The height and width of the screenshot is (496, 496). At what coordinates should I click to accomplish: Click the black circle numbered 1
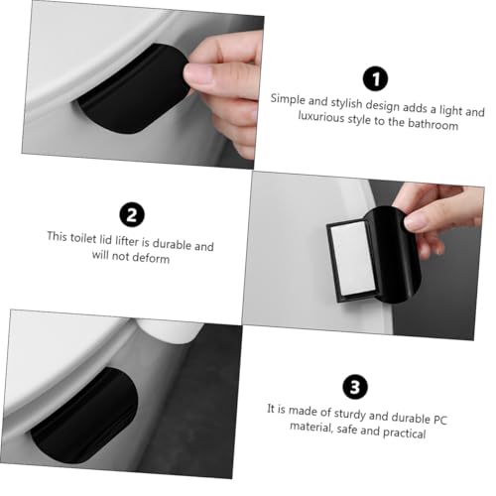pos(376,78)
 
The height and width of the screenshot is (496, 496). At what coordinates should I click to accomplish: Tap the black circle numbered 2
pos(132,215)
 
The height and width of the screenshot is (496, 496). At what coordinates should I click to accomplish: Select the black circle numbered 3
pos(355,387)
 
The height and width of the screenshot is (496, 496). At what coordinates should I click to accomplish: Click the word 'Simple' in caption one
pos(288,99)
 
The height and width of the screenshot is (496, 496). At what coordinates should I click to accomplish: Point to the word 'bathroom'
pos(433,124)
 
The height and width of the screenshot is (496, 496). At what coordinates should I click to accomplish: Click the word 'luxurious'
pos(320,117)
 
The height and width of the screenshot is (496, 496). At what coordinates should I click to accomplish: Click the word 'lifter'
pos(126,241)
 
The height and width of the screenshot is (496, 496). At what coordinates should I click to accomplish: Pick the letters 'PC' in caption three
pos(440,420)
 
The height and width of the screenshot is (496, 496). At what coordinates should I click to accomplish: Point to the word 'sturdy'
pos(350,414)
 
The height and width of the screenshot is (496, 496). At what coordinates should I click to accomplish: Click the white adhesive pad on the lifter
pos(353,258)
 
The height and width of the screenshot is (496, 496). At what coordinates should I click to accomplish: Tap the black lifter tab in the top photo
pos(132,88)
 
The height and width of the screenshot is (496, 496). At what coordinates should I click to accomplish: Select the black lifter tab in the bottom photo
pos(84,415)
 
